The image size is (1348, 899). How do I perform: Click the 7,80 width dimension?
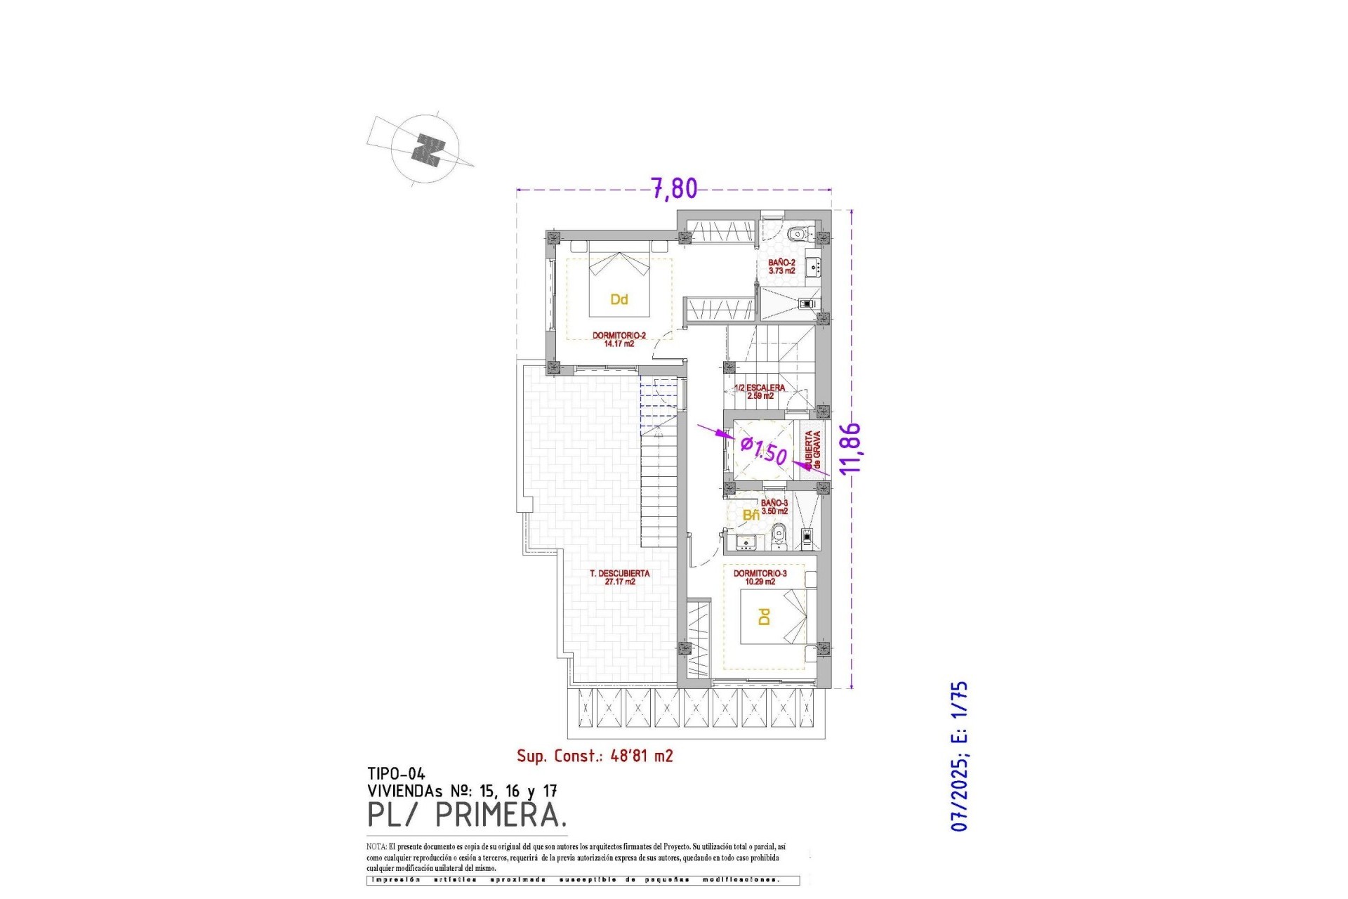(674, 188)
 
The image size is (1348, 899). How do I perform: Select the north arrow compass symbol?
(426, 150)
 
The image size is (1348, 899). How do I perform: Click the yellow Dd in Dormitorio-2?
(619, 300)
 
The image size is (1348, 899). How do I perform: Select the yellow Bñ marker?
(751, 516)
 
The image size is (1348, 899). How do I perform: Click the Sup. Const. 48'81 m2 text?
(595, 756)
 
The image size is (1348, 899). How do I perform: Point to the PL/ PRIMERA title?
(467, 815)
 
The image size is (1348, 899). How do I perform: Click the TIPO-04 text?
(396, 774)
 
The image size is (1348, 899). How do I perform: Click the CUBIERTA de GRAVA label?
(813, 450)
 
